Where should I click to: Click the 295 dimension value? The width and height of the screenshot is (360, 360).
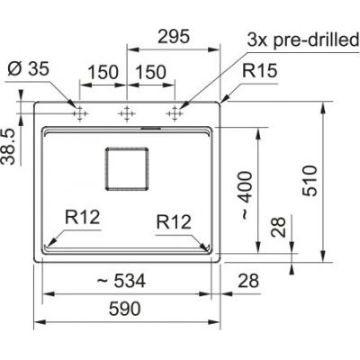[x=174, y=37]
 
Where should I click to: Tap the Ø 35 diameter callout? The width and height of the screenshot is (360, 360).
[x=28, y=69]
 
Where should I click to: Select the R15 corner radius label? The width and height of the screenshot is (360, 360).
[x=260, y=71]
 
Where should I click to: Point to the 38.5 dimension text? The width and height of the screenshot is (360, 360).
[x=8, y=147]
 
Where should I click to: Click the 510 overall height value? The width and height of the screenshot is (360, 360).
[x=310, y=181]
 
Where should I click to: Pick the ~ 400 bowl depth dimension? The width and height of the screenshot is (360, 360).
[x=247, y=195]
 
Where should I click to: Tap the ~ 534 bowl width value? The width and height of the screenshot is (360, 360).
[x=121, y=281]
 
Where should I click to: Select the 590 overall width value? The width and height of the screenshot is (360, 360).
[x=125, y=309]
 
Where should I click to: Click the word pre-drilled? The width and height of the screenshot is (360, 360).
[x=316, y=40]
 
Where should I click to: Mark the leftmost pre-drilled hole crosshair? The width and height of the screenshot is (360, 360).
[x=80, y=113]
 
